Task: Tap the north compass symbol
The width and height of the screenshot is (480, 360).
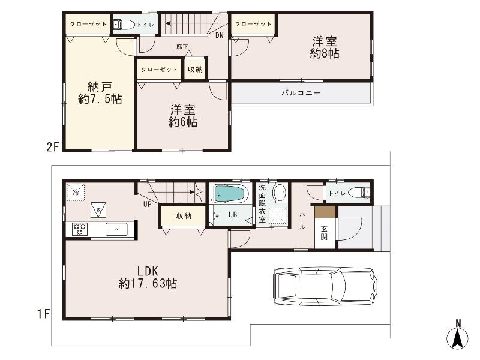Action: point(458,336)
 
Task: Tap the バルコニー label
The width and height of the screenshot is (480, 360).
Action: point(301,93)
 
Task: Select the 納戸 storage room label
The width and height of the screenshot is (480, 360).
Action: point(99,85)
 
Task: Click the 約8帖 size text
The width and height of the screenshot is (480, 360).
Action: point(325,54)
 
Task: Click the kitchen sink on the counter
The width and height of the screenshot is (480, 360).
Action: point(115,229)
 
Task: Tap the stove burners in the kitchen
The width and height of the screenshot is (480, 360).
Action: point(80,229)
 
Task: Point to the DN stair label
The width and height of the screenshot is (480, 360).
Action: point(220,35)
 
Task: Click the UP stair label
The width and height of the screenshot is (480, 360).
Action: point(147,205)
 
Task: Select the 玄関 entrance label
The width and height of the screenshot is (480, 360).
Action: point(323,232)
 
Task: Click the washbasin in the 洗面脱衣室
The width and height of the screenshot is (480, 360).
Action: point(280,193)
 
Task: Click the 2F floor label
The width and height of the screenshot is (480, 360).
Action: point(54,146)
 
